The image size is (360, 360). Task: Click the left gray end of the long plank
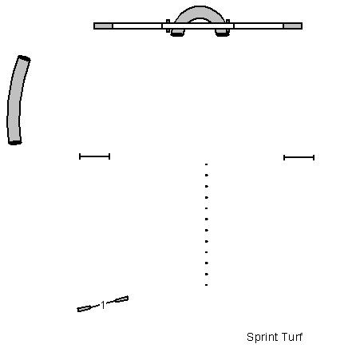point(104,26)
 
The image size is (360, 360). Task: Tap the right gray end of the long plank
point(293,26)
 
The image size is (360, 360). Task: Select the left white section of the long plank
point(137,26)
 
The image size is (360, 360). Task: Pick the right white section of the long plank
point(259,26)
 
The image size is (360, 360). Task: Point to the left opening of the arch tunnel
point(177,33)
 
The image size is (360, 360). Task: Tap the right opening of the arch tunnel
point(222,33)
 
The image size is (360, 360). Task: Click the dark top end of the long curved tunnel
point(24,58)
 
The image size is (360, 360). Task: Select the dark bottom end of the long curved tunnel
point(15,142)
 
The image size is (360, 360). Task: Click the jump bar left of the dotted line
point(94,156)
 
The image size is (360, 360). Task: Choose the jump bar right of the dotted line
point(299,157)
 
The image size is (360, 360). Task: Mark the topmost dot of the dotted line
point(206,164)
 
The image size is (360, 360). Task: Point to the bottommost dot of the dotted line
point(206,285)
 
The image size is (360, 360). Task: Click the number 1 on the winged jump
point(103,305)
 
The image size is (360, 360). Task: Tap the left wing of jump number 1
point(84,308)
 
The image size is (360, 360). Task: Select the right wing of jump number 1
point(121,299)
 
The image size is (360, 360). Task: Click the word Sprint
point(261,338)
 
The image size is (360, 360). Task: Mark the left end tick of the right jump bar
point(284,157)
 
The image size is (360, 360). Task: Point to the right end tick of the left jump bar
point(109,156)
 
